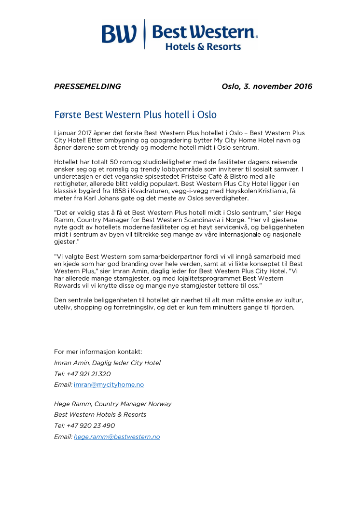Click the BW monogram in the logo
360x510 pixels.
(x=120, y=34)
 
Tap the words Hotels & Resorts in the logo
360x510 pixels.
(x=203, y=47)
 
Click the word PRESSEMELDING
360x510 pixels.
(x=87, y=86)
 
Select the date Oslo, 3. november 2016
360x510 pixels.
(x=267, y=86)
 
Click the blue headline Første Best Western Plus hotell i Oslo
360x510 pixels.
(x=135, y=115)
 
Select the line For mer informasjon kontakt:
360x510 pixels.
(x=98, y=352)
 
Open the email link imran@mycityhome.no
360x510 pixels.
(x=109, y=384)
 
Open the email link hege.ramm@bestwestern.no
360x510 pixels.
(x=117, y=437)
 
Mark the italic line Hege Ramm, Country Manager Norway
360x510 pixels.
(x=112, y=404)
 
